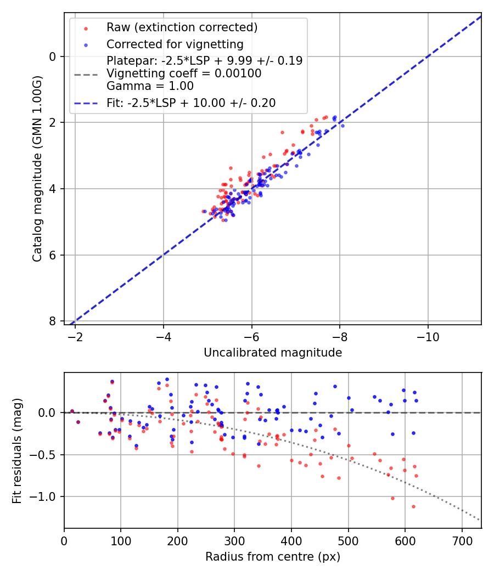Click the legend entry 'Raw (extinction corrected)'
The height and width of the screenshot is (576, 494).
coord(182,27)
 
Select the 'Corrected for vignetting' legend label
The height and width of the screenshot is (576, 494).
coord(175,44)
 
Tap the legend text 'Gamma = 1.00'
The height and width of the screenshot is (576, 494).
coord(150,86)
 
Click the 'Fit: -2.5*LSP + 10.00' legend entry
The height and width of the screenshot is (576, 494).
coord(191,103)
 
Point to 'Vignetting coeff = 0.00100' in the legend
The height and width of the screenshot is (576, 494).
coord(184,74)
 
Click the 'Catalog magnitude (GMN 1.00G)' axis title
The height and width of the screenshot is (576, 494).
coord(37,168)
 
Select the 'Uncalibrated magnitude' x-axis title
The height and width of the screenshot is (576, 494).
coord(273,353)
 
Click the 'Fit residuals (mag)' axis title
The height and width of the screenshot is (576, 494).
coord(17,450)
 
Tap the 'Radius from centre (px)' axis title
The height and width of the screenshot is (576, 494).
coord(273,557)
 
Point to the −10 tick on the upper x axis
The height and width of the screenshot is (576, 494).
coord(428,336)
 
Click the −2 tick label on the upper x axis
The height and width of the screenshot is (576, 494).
coord(75,336)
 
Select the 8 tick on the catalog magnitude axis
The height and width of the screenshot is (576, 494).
coord(52,321)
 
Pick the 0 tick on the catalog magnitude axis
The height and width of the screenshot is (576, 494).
coord(52,57)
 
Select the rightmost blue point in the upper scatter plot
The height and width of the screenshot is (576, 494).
coord(343,126)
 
